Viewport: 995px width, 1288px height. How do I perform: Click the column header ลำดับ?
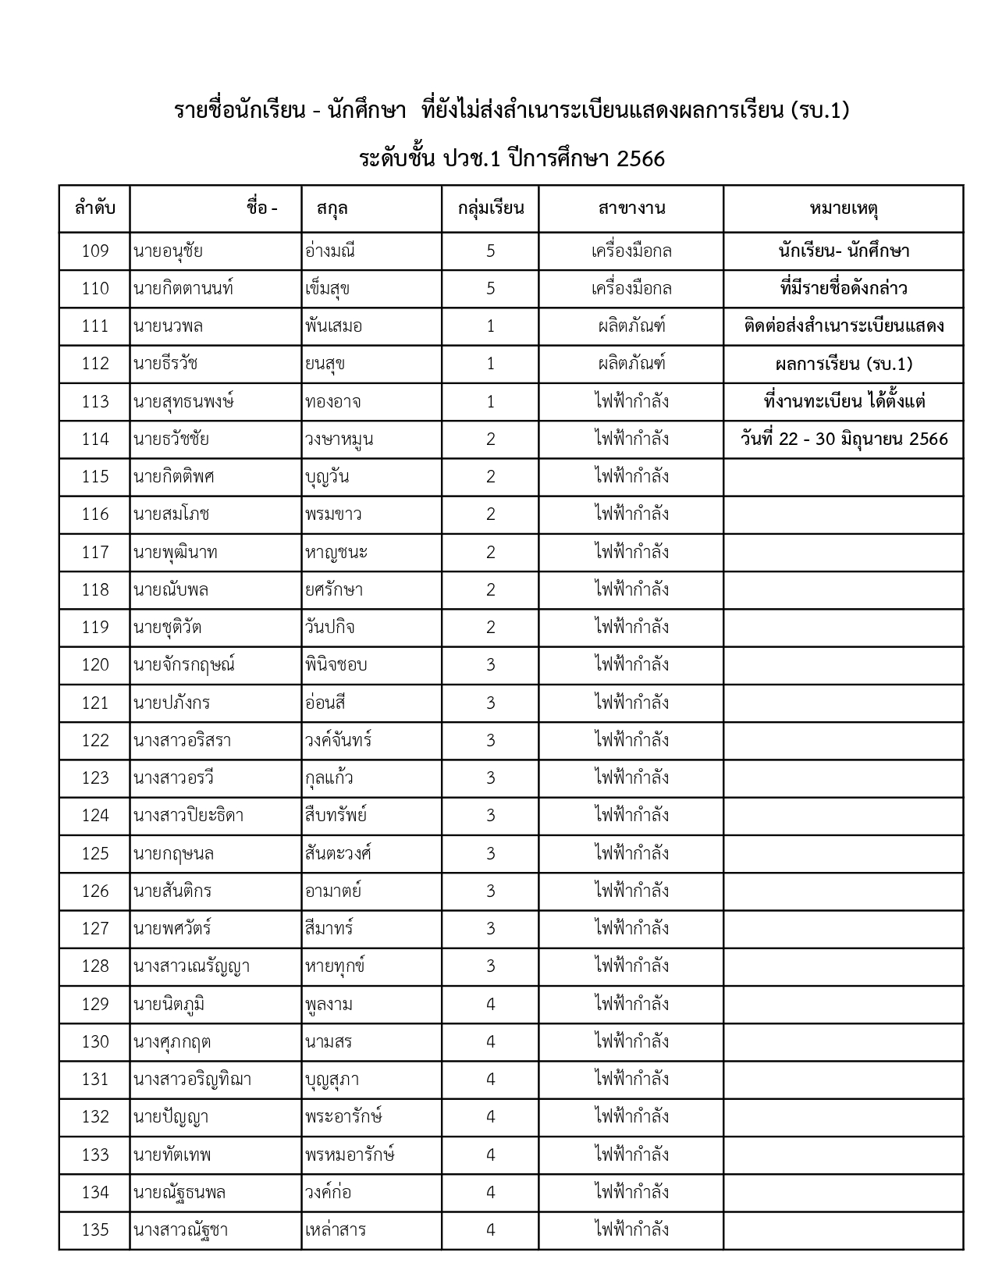94,208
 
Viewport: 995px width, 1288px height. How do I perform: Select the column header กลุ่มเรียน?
490,208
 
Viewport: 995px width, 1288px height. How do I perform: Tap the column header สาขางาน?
631,208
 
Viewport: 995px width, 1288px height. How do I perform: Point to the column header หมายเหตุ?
844,208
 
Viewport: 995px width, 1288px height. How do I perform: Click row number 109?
94,251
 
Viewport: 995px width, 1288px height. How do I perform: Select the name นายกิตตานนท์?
183,288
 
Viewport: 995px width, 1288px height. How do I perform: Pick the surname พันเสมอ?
334,326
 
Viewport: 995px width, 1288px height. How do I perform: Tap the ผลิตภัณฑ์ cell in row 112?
631,363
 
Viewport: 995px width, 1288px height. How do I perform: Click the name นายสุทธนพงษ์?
183,401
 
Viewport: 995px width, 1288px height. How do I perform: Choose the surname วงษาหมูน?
339,439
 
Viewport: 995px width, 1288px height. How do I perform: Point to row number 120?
94,664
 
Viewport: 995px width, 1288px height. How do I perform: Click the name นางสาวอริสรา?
182,740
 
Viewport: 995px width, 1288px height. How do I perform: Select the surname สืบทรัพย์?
336,815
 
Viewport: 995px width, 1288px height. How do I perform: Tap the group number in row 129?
490,1004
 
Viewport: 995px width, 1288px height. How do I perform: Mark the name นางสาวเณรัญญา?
191,966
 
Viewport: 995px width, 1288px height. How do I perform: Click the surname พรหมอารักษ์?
350,1155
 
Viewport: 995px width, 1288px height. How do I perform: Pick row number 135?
94,1229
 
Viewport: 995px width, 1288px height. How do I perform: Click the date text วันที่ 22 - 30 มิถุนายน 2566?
844,439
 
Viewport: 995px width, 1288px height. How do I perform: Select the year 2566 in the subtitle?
640,159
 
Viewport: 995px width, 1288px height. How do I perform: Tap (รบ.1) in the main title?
819,111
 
